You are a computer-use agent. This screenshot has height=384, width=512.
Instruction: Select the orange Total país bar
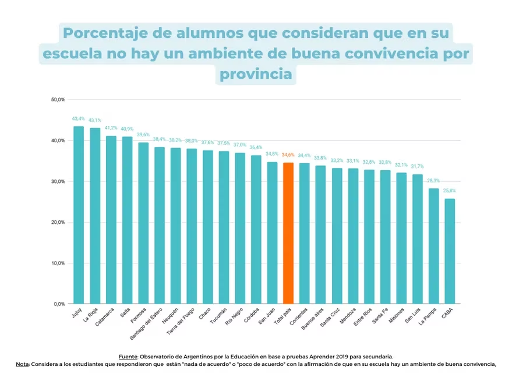point(288,232)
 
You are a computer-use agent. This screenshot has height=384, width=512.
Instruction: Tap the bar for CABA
point(450,251)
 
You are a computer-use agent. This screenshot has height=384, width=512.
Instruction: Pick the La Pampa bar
point(433,245)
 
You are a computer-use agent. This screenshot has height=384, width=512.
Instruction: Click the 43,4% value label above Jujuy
point(78,119)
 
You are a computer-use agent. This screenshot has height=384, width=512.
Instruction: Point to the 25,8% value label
point(450,191)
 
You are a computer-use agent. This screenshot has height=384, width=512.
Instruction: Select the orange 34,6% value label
point(288,155)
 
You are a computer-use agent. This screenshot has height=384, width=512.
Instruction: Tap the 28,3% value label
point(433,181)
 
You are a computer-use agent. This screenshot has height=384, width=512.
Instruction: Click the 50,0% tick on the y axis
point(58,100)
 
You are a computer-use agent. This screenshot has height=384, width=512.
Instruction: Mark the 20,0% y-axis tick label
point(58,222)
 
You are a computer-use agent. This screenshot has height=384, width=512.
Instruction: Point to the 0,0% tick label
point(59,304)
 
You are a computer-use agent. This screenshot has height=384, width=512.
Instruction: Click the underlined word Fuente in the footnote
point(127,356)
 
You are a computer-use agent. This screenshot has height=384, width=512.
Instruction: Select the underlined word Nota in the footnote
point(22,364)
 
